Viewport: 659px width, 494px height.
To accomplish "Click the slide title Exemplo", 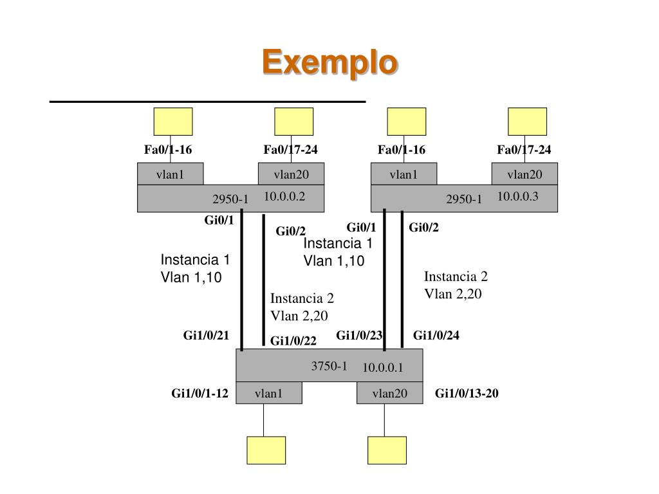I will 329,63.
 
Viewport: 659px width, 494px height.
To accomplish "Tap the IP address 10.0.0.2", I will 284,197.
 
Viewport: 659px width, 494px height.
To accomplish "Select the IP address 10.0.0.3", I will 517,197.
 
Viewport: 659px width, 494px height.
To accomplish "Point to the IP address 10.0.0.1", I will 382,367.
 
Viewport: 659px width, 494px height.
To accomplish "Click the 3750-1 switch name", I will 329,366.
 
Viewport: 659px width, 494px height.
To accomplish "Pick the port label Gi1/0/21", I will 206,335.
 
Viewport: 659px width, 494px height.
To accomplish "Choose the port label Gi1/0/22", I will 293,341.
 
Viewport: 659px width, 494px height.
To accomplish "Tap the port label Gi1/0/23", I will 359,335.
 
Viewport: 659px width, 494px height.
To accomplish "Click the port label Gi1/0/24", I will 436,335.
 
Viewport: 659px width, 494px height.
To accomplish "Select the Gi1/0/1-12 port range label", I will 200,394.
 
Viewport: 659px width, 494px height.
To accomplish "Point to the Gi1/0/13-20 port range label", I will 467,394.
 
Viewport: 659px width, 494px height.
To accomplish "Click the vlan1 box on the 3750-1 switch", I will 268,394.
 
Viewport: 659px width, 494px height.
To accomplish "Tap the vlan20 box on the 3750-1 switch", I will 390,394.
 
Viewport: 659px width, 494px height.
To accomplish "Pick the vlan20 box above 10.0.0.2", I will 291,174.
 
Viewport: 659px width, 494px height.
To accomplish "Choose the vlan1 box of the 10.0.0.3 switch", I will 404,174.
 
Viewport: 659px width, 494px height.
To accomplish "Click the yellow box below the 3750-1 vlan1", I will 266,450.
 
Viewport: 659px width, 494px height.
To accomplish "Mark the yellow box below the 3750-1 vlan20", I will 387,450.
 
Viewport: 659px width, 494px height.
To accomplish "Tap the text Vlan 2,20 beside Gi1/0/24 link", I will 453,294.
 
